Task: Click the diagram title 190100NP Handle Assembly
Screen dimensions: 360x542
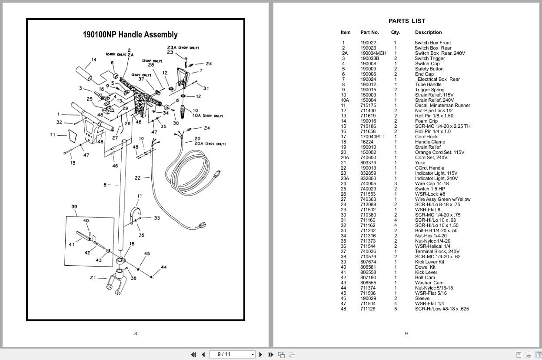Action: (x=130, y=34)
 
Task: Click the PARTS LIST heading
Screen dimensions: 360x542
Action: (x=406, y=21)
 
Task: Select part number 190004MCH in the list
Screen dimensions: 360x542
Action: (x=373, y=53)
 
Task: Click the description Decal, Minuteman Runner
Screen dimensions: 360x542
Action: (x=442, y=105)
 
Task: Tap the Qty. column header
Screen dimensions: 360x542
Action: (x=395, y=32)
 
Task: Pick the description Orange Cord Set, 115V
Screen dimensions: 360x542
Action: (x=439, y=152)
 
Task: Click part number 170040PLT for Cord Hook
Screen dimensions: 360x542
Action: (x=372, y=137)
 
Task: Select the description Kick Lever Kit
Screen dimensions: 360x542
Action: (x=429, y=262)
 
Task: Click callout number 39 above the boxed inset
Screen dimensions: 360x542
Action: (x=74, y=207)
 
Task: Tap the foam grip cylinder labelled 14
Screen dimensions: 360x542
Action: (x=85, y=73)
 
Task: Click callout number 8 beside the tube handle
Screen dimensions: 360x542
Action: (x=105, y=185)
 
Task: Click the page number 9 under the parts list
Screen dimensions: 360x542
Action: (x=406, y=334)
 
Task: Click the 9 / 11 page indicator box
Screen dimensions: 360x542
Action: (x=233, y=354)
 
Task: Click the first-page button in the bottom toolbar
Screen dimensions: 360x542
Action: (x=193, y=354)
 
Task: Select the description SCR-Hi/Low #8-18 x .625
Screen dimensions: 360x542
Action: (x=442, y=309)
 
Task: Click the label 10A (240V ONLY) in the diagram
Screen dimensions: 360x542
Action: (x=207, y=116)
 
